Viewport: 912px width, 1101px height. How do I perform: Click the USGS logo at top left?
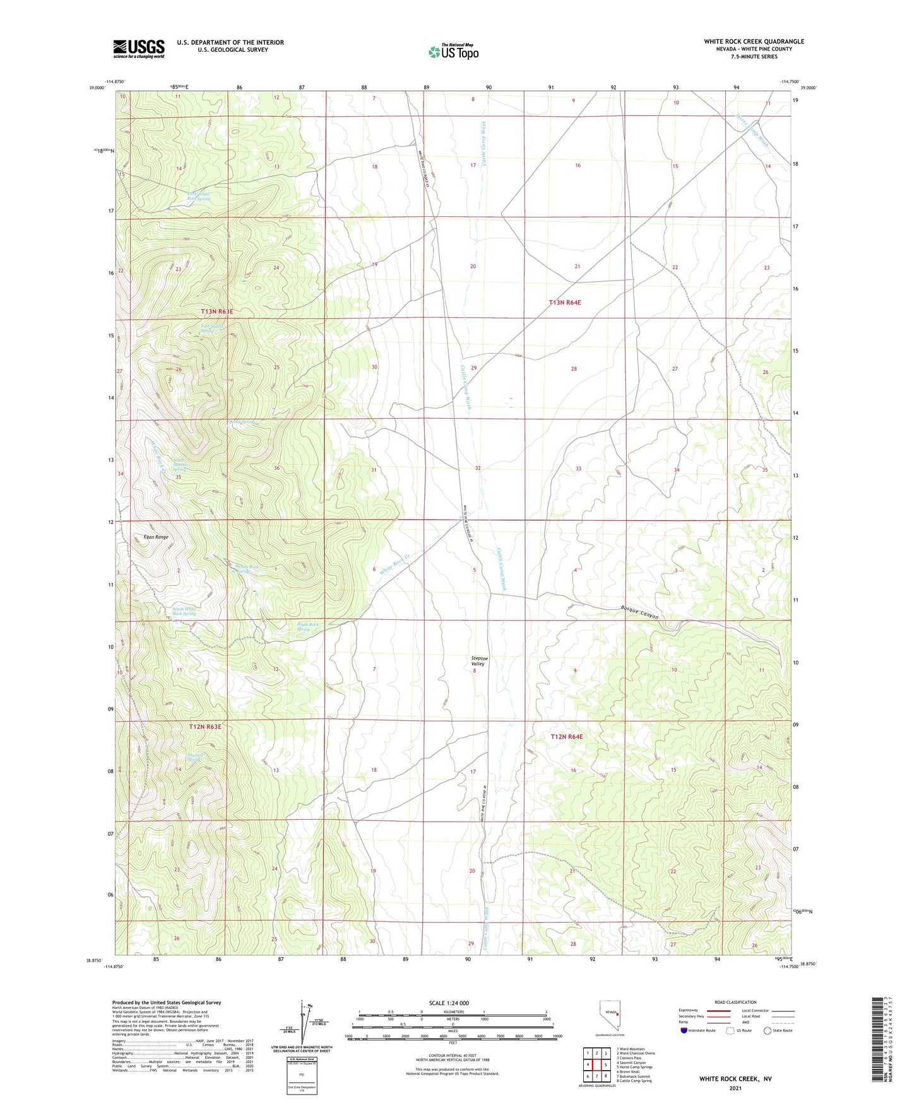point(138,49)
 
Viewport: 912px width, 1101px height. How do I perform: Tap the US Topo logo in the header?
point(453,52)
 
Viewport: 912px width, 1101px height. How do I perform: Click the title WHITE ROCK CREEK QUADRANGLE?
point(754,42)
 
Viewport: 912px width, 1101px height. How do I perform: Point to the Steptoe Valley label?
point(479,661)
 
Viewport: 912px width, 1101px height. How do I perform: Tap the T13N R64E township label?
point(564,303)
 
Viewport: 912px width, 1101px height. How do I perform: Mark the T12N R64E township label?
point(566,737)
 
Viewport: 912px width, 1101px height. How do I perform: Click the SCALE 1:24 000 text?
point(448,1003)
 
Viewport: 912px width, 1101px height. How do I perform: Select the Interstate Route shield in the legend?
point(685,1030)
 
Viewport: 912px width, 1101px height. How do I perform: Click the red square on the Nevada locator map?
point(617,1015)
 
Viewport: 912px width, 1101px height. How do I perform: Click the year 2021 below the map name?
point(735,1088)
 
